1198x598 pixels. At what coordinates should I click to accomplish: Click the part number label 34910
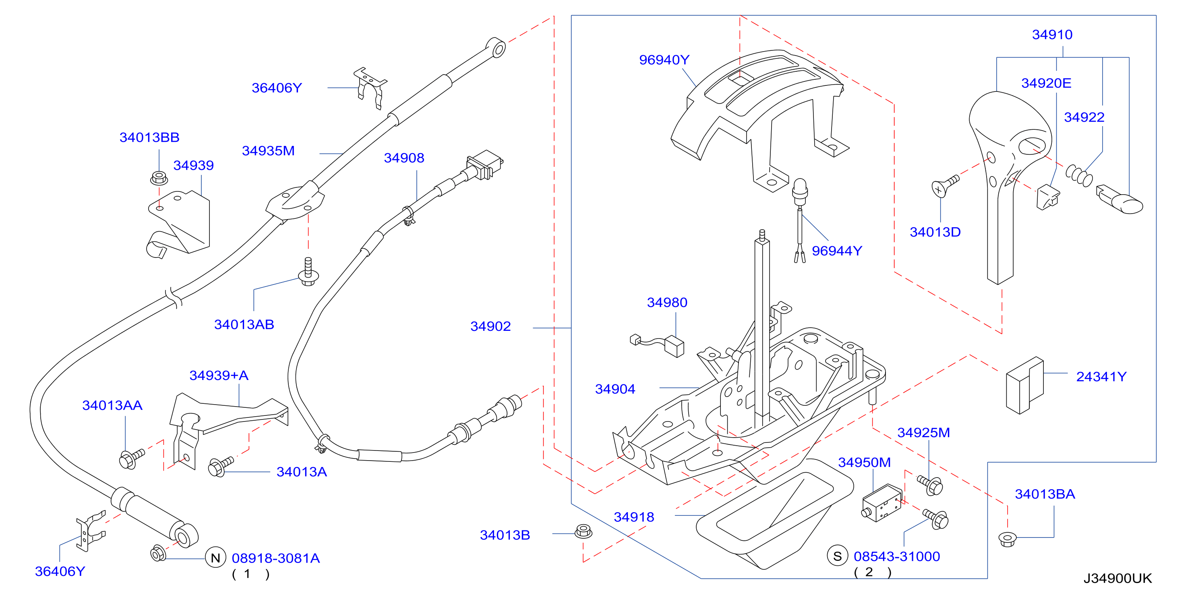click(x=1052, y=34)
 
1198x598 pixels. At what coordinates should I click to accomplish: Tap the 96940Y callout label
click(x=664, y=60)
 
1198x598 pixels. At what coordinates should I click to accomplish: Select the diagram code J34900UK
click(x=1117, y=578)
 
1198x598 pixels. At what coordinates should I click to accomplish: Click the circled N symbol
click(x=215, y=558)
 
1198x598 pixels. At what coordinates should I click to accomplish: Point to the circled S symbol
click(x=838, y=556)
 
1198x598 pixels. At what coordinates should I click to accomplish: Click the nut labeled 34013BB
click(x=159, y=178)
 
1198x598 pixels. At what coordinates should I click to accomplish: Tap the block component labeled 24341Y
click(x=1024, y=386)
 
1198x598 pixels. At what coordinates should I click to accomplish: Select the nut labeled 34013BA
click(x=1007, y=539)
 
